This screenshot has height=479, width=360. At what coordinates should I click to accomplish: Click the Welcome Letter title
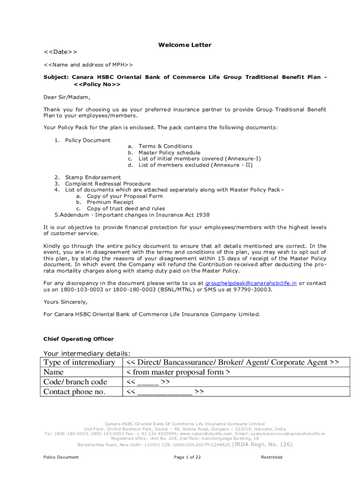click(x=185, y=45)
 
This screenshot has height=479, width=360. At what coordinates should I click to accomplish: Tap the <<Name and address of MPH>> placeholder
click(x=88, y=65)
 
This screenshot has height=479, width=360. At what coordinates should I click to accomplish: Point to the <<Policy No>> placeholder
click(x=97, y=84)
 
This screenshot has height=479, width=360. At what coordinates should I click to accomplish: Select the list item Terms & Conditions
click(x=165, y=146)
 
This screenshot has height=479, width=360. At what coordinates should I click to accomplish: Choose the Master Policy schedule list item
click(x=169, y=152)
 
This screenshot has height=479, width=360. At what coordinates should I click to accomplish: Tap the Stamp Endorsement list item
click(x=93, y=177)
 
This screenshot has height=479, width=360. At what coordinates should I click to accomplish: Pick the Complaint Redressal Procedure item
click(x=108, y=184)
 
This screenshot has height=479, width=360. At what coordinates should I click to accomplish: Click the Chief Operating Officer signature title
click(x=79, y=339)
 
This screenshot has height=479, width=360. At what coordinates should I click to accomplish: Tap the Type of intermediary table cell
click(x=79, y=363)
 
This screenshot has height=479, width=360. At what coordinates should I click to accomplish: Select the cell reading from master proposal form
click(x=178, y=372)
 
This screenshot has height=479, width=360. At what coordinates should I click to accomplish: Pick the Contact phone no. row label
click(x=74, y=392)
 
